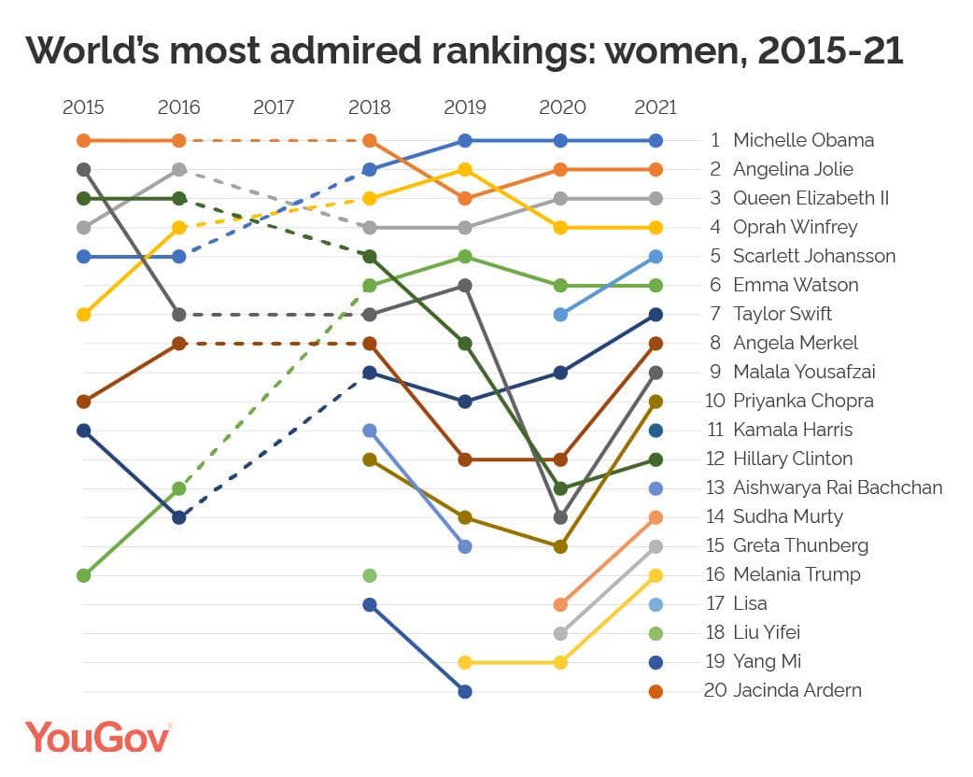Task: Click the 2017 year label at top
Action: [274, 107]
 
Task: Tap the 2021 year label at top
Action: [655, 107]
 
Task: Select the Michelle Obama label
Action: [803, 141]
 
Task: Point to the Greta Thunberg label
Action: [800, 546]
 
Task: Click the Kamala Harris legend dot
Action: [656, 431]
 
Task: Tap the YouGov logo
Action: [97, 737]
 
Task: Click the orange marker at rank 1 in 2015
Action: [84, 141]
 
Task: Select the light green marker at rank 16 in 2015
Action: [84, 575]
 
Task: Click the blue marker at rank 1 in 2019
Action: [465, 141]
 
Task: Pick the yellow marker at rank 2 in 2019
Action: [465, 170]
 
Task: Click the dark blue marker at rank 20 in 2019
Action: [465, 691]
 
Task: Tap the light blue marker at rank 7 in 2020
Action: [560, 315]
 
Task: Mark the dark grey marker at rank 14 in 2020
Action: [560, 517]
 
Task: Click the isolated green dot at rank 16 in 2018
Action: [370, 575]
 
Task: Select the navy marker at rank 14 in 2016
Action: [179, 517]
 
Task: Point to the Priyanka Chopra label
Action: [803, 402]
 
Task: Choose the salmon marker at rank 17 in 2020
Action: [560, 604]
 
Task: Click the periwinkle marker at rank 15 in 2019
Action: [465, 546]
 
